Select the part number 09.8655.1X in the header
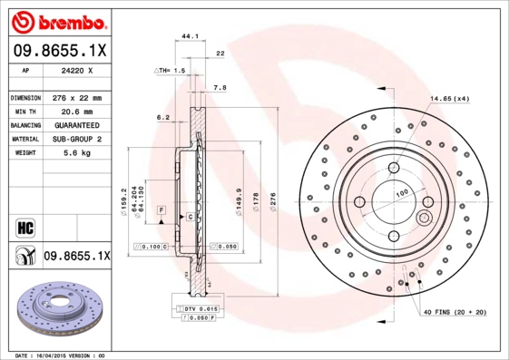pyautogui.click(x=59, y=51)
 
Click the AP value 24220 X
pyautogui.click(x=76, y=71)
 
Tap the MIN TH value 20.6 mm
pyautogui.click(x=76, y=112)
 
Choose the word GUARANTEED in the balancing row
pyautogui.click(x=76, y=125)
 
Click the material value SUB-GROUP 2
pyautogui.click(x=76, y=139)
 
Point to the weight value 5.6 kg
pyautogui.click(x=76, y=153)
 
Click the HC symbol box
pyautogui.click(x=24, y=227)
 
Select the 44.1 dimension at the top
pyautogui.click(x=190, y=37)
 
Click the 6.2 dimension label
pyautogui.click(x=163, y=117)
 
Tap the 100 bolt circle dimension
pyautogui.click(x=400, y=193)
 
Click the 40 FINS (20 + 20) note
pyautogui.click(x=455, y=313)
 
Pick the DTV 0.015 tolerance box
pyautogui.click(x=201, y=309)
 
